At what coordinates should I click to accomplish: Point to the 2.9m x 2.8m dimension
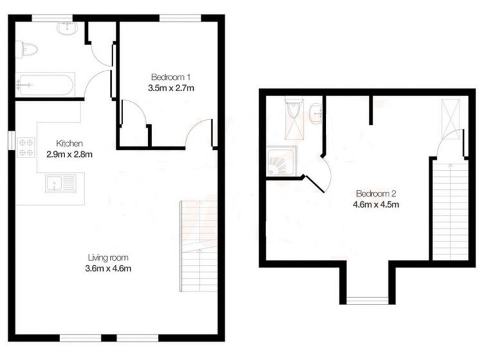(69, 154)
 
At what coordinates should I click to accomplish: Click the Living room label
(107, 257)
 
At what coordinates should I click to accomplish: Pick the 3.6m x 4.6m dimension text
(107, 269)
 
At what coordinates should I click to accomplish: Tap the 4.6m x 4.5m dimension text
(376, 204)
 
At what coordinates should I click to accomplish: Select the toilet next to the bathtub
(28, 48)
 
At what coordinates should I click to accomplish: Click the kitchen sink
(61, 184)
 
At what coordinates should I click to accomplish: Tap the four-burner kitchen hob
(26, 147)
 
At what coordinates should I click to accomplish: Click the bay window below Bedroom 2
(367, 299)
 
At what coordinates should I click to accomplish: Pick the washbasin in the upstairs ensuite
(316, 112)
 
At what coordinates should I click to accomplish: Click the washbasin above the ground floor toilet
(66, 28)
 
